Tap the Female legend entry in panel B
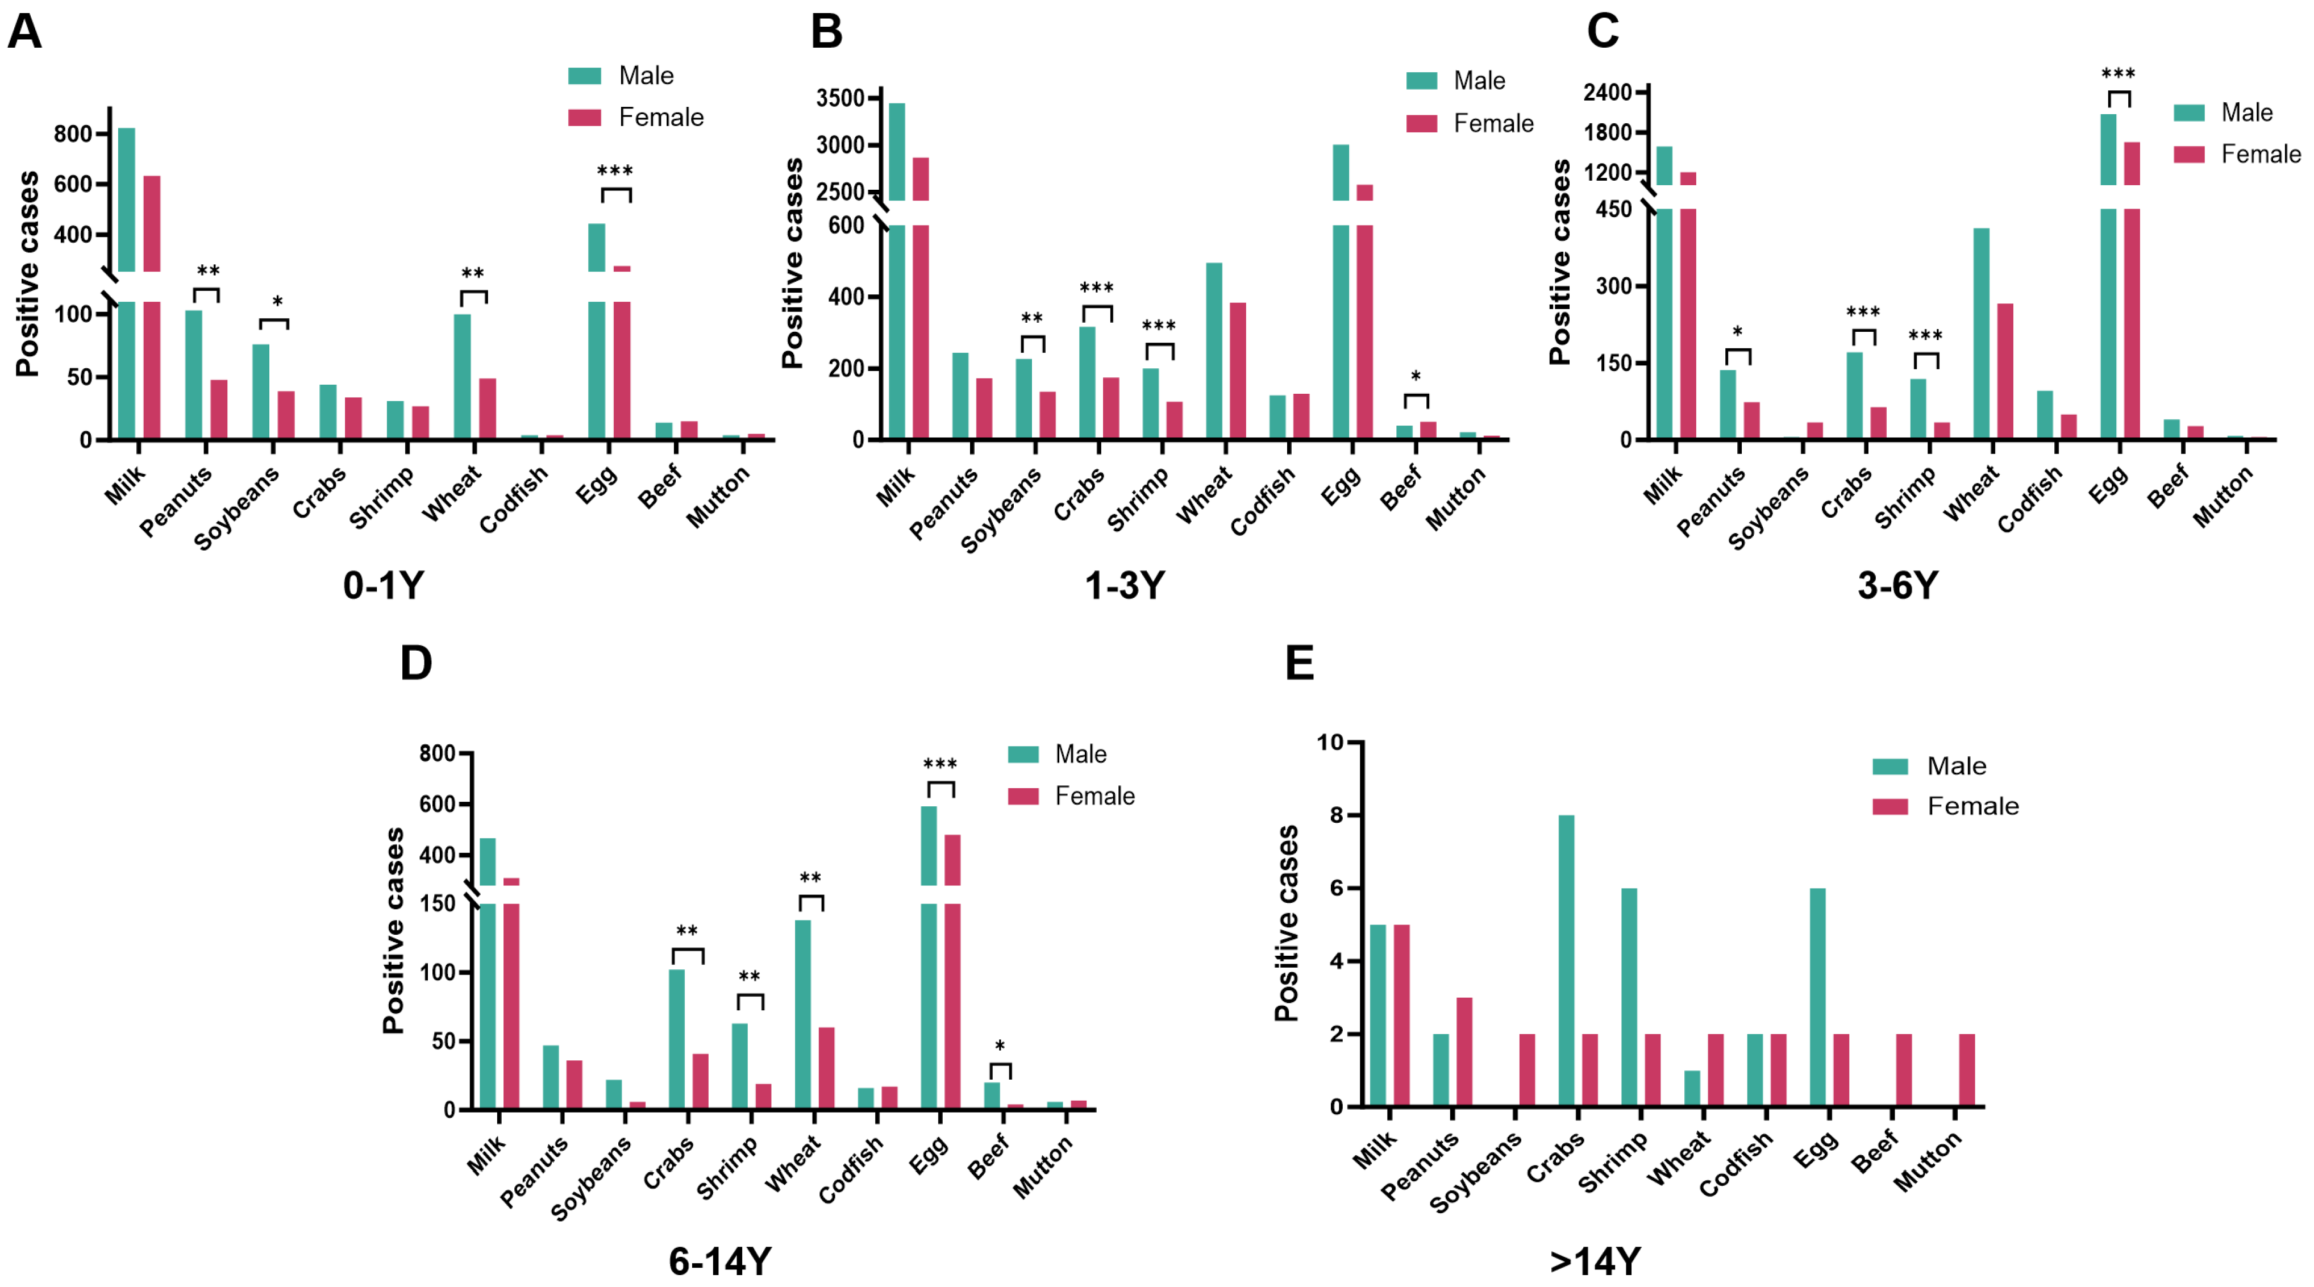point(1470,123)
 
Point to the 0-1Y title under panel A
point(384,586)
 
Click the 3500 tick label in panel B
point(840,97)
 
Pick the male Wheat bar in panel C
point(1982,333)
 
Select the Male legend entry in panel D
point(1058,755)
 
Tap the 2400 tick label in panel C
point(1608,91)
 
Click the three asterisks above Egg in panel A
point(615,170)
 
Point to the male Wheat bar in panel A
point(462,376)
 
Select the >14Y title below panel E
point(1595,1262)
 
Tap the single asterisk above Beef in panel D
point(1000,1046)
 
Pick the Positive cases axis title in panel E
point(1287,923)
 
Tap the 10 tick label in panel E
point(1330,742)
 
